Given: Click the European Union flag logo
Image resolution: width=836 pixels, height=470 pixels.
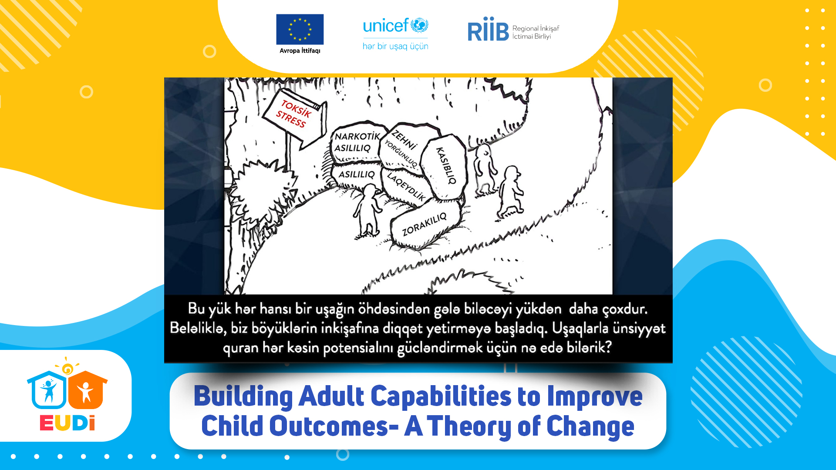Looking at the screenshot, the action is (300, 29).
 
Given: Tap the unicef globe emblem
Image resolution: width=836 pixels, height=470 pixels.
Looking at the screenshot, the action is (419, 25).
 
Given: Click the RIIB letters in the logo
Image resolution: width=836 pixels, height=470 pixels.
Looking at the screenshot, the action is (488, 29).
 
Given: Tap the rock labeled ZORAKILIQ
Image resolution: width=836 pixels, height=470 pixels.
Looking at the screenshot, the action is (425, 225).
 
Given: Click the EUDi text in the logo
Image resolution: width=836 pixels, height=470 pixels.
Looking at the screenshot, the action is (67, 423).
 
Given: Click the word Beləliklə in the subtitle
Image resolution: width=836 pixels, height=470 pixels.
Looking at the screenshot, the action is (198, 327).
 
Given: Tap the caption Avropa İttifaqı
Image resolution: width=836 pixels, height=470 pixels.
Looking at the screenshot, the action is (300, 50).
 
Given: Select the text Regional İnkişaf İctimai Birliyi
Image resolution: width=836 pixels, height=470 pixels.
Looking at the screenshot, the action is (536, 32).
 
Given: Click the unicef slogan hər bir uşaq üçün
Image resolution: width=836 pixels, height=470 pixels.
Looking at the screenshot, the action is (395, 46).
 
